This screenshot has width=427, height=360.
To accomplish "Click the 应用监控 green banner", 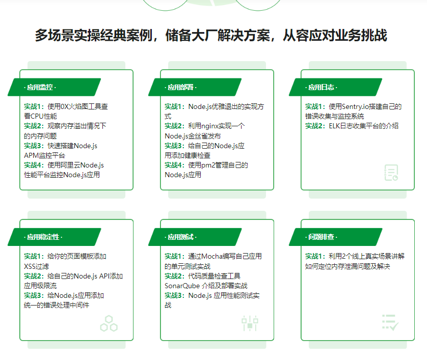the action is (55, 87).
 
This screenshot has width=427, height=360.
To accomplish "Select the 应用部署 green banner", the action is (195, 87).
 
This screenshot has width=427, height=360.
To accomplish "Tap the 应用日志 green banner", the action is (335, 87).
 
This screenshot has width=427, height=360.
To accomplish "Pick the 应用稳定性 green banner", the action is (55, 237).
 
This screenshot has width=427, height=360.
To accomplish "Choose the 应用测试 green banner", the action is (195, 237).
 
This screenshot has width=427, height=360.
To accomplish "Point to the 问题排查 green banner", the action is (335, 237).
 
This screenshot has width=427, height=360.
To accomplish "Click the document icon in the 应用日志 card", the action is (391, 173).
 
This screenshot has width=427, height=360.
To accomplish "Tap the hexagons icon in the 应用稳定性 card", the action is (109, 323).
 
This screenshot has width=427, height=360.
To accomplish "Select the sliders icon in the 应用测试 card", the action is (250, 323).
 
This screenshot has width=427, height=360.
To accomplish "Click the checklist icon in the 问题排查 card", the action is (390, 322).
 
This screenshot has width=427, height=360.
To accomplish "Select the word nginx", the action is (210, 126).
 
